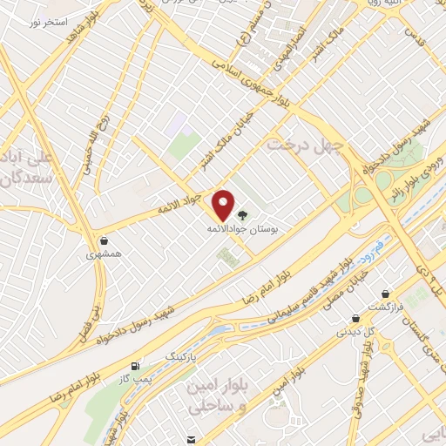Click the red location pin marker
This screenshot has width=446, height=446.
pos(225,205)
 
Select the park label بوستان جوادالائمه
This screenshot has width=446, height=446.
pos(241,228)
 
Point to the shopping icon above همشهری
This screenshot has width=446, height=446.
pos(104,240)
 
